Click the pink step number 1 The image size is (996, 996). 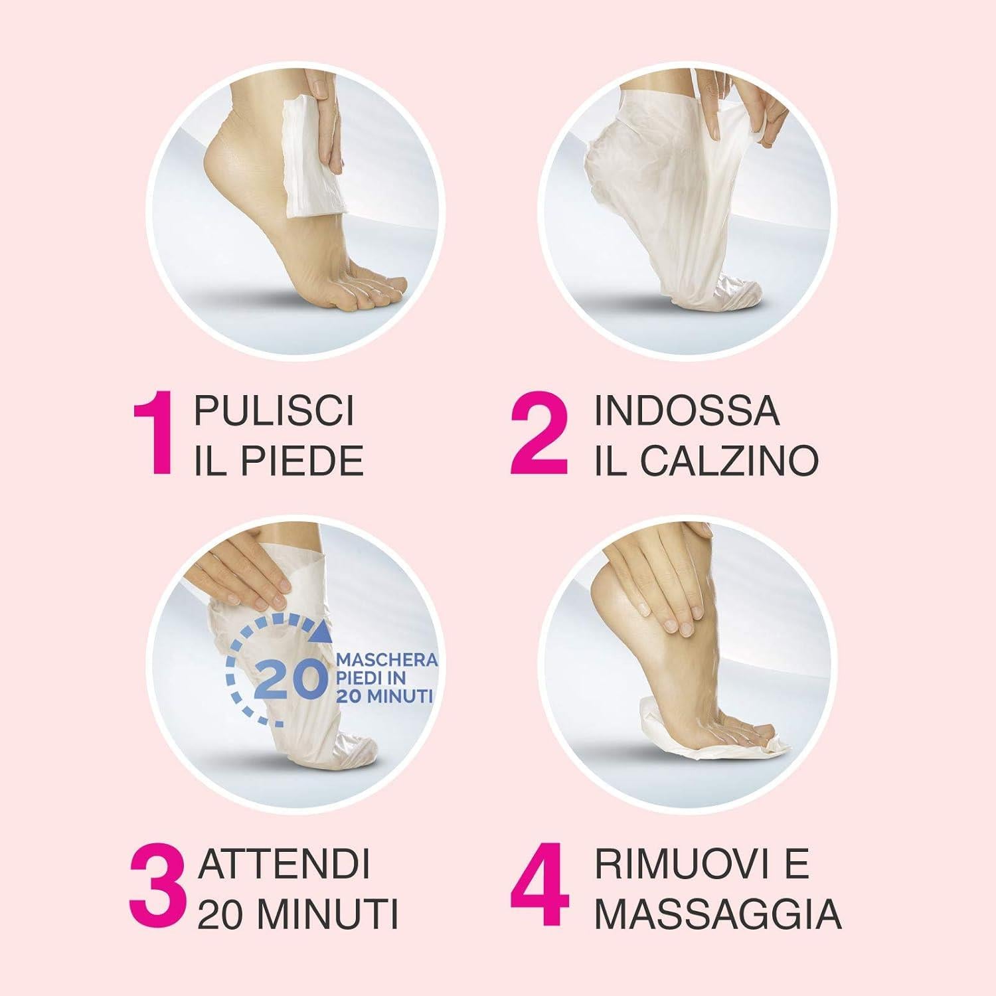point(154,434)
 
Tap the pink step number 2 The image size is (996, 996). point(539,434)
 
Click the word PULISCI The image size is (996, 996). point(274,410)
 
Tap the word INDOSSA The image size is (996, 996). point(687,410)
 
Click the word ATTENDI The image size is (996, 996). point(284,865)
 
